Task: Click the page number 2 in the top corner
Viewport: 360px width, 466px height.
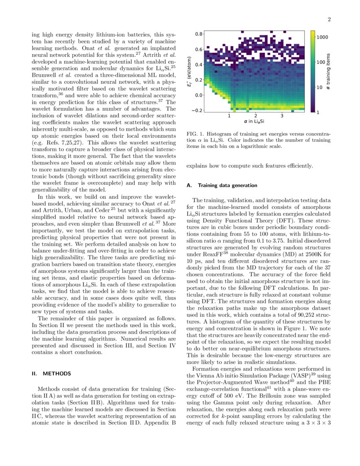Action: [x=329, y=19]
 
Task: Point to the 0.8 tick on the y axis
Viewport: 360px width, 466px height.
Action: [x=197, y=33]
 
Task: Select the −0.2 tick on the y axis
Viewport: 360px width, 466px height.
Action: [x=196, y=111]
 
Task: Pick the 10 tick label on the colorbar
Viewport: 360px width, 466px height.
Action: [x=322, y=87]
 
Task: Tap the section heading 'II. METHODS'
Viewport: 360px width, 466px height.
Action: [x=52, y=374]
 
